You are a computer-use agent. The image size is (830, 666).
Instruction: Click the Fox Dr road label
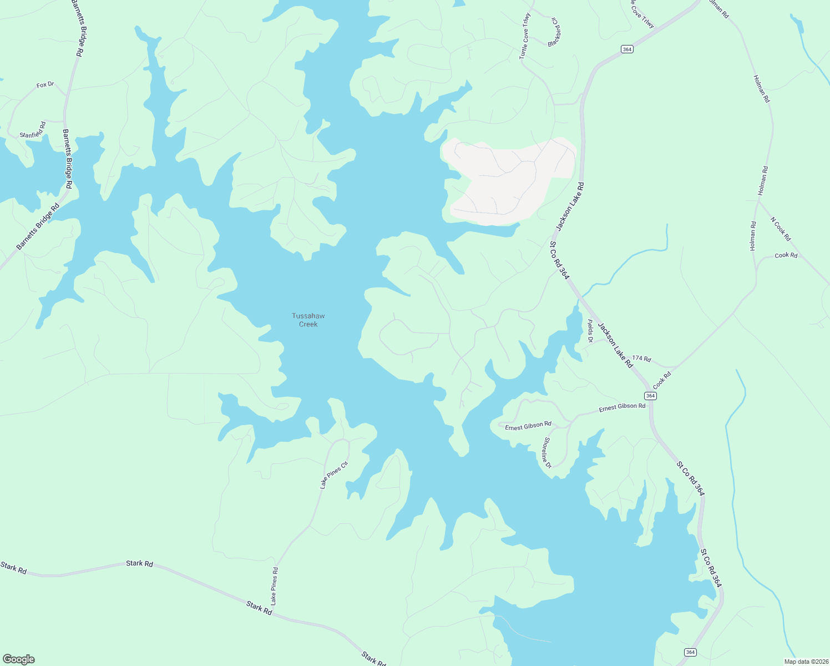pyautogui.click(x=45, y=85)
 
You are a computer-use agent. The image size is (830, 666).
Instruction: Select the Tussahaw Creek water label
pyautogui.click(x=308, y=320)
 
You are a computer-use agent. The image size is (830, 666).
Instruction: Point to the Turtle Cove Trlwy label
pyautogui.click(x=525, y=37)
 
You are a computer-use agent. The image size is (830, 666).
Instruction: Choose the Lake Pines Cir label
pyautogui.click(x=334, y=475)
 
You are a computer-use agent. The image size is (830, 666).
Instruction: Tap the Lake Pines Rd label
pyautogui.click(x=274, y=586)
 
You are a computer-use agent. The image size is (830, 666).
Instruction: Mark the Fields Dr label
pyautogui.click(x=590, y=331)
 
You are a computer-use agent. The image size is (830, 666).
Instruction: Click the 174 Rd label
pyautogui.click(x=641, y=359)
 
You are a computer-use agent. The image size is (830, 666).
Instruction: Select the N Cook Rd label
pyautogui.click(x=781, y=229)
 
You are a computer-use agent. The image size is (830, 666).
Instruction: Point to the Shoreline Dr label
pyautogui.click(x=547, y=452)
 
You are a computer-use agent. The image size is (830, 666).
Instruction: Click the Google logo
pyautogui.click(x=18, y=659)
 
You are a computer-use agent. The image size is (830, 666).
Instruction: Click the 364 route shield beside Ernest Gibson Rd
pyautogui.click(x=650, y=396)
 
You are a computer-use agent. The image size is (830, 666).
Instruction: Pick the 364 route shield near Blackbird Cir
pyautogui.click(x=627, y=49)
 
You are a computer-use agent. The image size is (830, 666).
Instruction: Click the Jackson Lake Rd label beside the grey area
pyautogui.click(x=570, y=206)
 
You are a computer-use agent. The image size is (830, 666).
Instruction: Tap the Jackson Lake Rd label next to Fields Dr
pyautogui.click(x=615, y=345)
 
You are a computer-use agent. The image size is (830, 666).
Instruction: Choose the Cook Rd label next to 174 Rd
pyautogui.click(x=662, y=380)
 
